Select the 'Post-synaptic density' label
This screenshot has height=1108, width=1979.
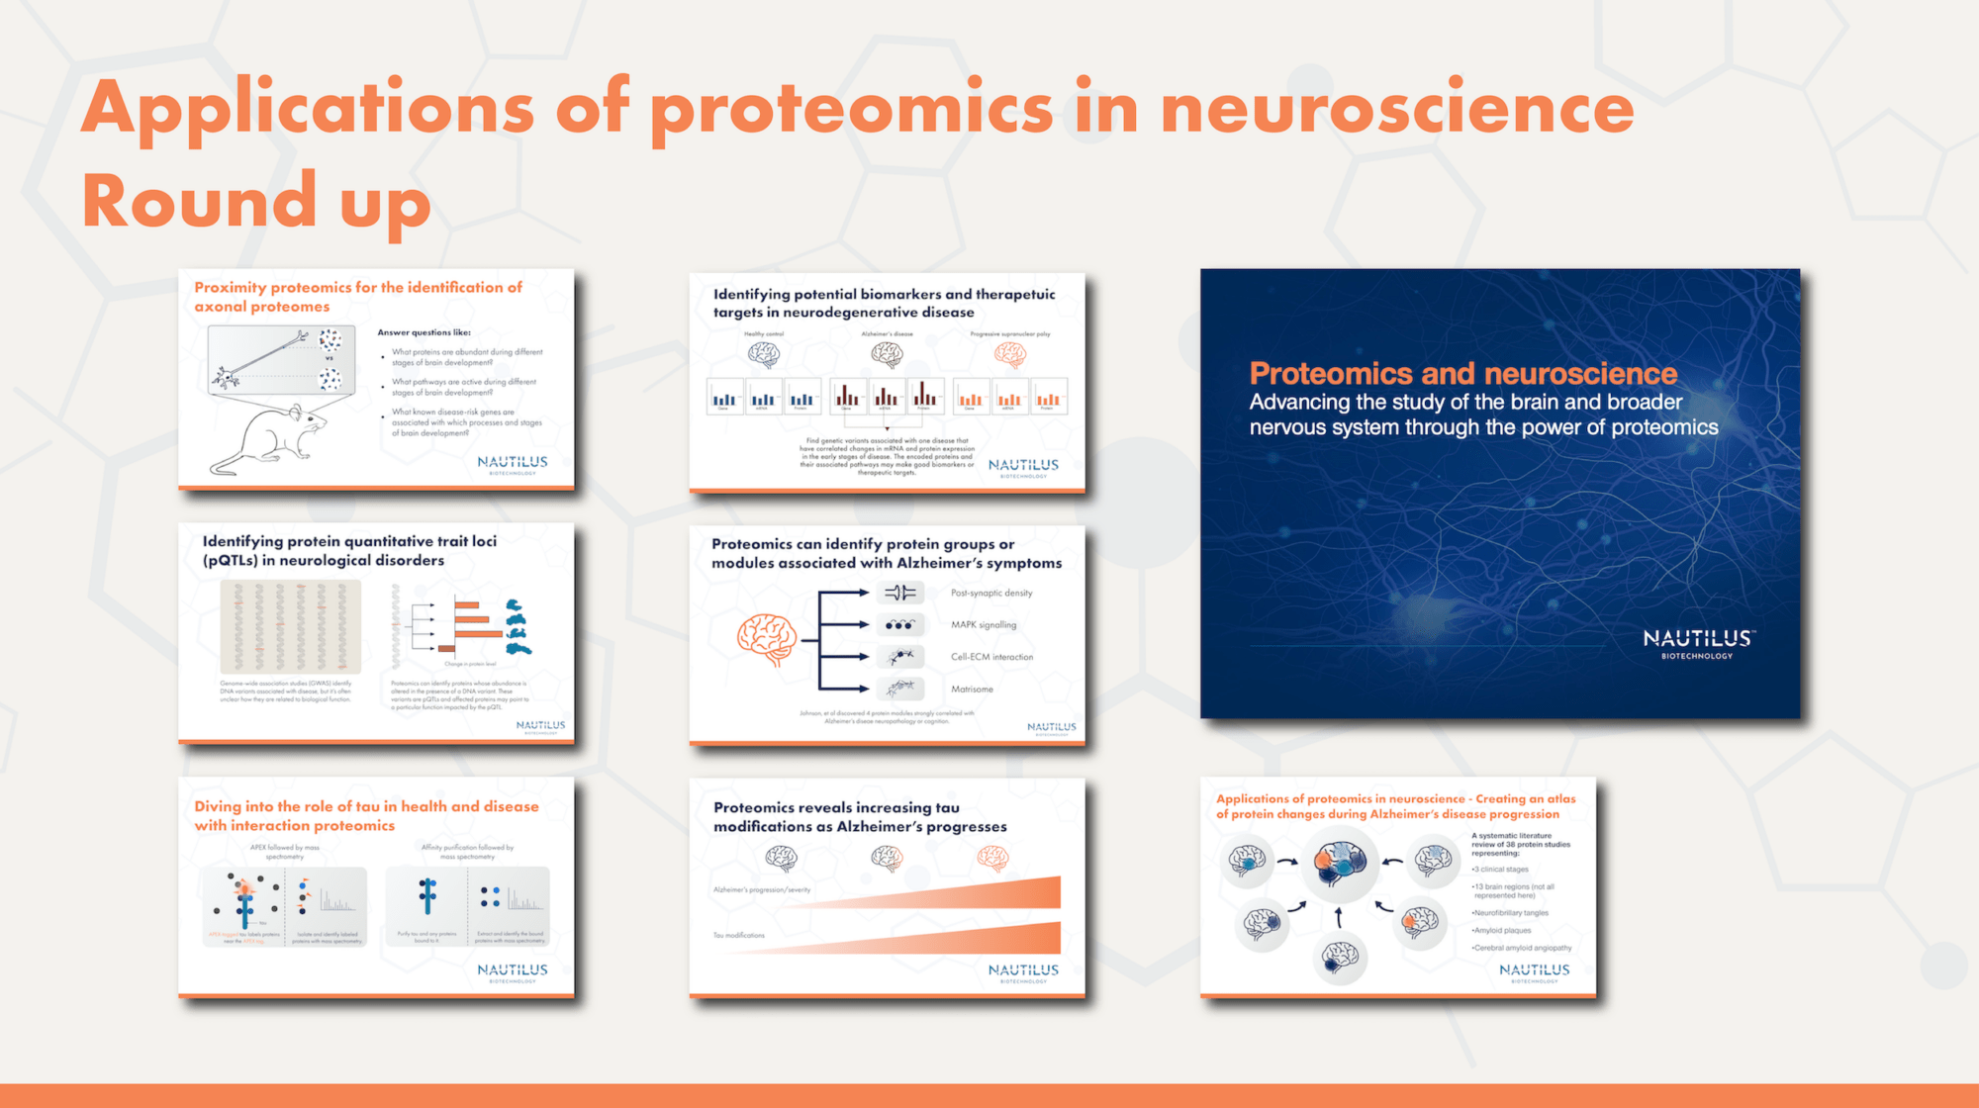pyautogui.click(x=990, y=594)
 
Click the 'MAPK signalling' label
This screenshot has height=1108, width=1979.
pyautogui.click(x=983, y=625)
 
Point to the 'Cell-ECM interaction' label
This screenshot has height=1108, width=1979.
pyautogui.click(x=991, y=657)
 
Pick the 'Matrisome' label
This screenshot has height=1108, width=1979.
pyautogui.click(x=972, y=690)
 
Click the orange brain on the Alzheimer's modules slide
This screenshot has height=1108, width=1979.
pyautogui.click(x=767, y=640)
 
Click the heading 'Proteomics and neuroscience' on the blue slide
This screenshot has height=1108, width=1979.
pyautogui.click(x=1462, y=374)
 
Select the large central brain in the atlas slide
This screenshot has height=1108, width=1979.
pyautogui.click(x=1339, y=863)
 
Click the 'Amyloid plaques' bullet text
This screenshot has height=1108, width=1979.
pyautogui.click(x=1502, y=931)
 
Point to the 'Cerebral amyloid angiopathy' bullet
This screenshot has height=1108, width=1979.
pyautogui.click(x=1523, y=948)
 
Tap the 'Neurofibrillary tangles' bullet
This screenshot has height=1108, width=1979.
pyautogui.click(x=1511, y=913)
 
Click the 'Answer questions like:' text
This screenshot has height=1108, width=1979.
pyautogui.click(x=424, y=332)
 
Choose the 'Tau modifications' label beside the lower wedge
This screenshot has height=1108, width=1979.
pyautogui.click(x=739, y=936)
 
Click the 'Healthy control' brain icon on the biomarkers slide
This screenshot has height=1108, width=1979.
pyautogui.click(x=764, y=354)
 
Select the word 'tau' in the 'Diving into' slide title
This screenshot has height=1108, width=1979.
pyautogui.click(x=367, y=807)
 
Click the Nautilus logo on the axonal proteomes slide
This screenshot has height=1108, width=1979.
pyautogui.click(x=512, y=464)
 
